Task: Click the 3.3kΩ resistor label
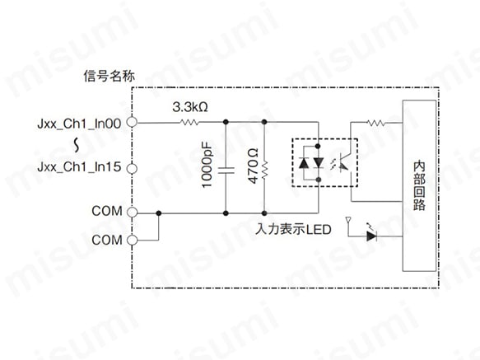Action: [190, 107]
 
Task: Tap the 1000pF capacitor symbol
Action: [226, 171]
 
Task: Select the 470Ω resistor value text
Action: [253, 166]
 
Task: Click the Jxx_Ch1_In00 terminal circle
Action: [132, 122]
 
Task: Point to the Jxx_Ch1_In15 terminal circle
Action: [132, 169]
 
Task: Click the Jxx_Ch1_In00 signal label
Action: [79, 124]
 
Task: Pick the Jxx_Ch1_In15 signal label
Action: [79, 167]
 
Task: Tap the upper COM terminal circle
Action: [132, 212]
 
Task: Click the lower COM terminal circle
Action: [132, 240]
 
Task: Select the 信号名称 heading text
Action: [109, 76]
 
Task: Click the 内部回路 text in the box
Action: [419, 185]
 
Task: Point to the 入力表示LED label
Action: [293, 229]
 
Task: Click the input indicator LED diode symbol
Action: [371, 236]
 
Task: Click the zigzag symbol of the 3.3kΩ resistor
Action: [189, 123]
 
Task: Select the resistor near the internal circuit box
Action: [376, 123]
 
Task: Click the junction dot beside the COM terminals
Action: [159, 213]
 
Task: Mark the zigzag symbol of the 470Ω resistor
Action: [264, 171]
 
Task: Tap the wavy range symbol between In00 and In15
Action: [77, 145]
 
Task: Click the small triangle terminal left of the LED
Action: [348, 220]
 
